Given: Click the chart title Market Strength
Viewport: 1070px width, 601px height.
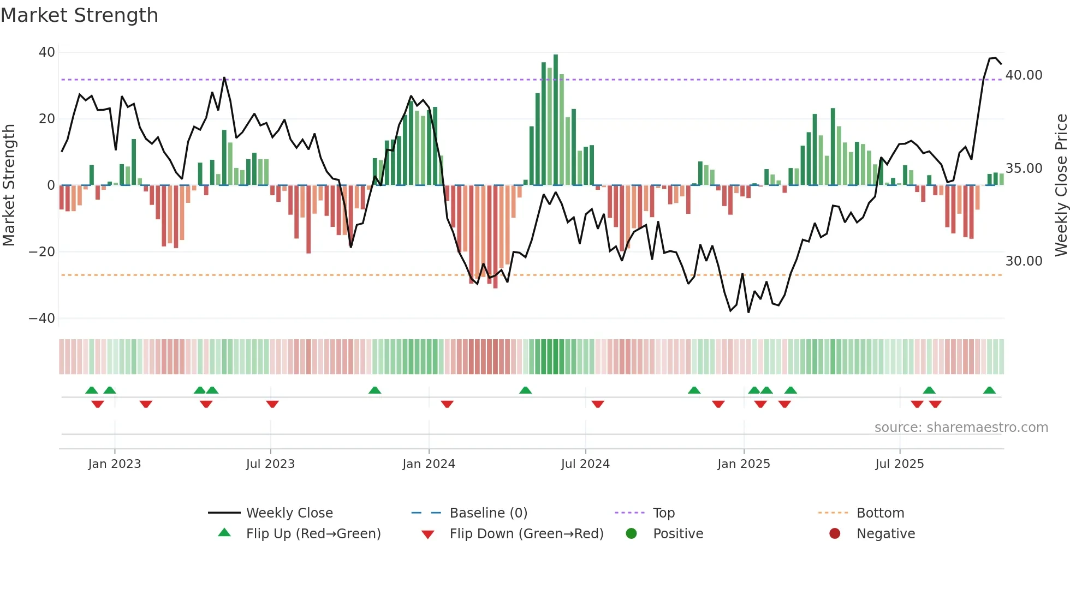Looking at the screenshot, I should [x=79, y=15].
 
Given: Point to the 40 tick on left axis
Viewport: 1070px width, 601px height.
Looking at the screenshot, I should [x=47, y=52].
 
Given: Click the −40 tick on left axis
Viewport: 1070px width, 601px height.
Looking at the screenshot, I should [x=42, y=318].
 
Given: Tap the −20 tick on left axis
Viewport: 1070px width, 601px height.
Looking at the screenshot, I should [x=42, y=252].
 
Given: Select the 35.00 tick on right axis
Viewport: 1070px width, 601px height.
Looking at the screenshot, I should [x=1024, y=169].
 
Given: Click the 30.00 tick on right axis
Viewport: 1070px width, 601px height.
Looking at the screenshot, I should [x=1024, y=261].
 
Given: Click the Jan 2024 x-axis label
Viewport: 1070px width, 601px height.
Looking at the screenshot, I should [x=429, y=464].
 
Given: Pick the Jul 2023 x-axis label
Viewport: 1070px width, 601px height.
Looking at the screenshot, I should [x=270, y=464].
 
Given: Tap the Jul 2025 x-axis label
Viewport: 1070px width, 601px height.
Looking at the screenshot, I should [x=899, y=464].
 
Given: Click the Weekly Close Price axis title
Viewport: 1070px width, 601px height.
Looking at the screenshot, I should [x=1061, y=185].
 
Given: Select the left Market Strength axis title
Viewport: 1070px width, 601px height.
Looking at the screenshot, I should [x=9, y=185].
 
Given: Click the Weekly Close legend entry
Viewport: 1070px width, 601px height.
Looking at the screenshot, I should [x=289, y=513].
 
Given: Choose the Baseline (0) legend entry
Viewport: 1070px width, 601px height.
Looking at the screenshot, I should [x=488, y=513].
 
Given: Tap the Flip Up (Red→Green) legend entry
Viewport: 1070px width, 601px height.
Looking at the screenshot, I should [x=313, y=534].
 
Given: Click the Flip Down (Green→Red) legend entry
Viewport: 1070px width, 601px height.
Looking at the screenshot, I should [x=526, y=534].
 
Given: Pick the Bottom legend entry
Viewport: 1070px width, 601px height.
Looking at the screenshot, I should [x=880, y=513].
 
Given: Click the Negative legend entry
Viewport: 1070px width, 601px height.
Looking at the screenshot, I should [x=885, y=534].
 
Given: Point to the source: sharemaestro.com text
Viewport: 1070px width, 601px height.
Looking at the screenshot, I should [x=961, y=428].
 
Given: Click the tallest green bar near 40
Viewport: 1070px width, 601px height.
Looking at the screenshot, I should [x=556, y=120].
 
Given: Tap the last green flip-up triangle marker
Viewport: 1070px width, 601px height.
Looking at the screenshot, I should [x=989, y=390].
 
